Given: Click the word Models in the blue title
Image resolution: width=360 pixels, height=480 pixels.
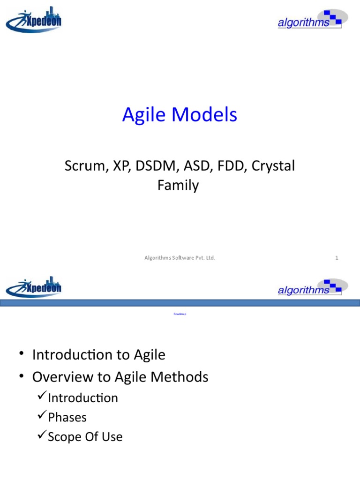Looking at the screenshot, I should (x=208, y=115).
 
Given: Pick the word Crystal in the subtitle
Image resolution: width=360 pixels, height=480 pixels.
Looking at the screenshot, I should (x=274, y=166).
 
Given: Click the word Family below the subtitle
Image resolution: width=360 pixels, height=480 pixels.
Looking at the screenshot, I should (x=178, y=186).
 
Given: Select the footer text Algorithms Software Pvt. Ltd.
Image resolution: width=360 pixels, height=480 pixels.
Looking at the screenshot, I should (x=180, y=257).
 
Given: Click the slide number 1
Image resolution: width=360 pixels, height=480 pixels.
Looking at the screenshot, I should (x=337, y=257).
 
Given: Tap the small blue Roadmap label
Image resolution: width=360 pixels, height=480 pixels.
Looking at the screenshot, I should (x=180, y=314).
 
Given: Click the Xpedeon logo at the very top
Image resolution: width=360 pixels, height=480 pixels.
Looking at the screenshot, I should (x=34, y=20).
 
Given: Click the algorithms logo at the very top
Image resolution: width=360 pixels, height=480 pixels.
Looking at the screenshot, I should (x=312, y=20).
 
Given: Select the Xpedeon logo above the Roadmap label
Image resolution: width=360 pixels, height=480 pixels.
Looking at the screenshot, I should (x=34, y=287).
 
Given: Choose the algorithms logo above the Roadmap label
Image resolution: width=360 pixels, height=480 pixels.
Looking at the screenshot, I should (x=312, y=287).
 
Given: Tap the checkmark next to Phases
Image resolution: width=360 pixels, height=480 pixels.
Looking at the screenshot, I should (x=41, y=417).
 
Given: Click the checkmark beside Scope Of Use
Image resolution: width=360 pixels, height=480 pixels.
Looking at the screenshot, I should (x=41, y=436).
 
